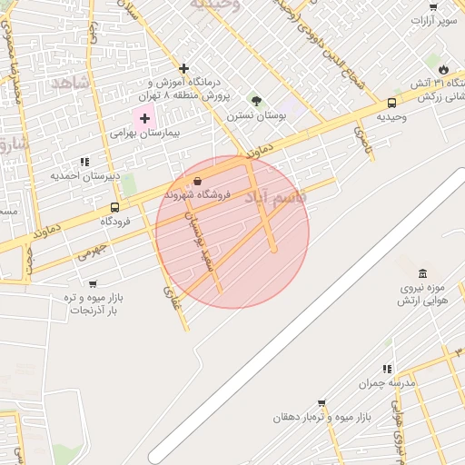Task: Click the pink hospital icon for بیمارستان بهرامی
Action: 144,118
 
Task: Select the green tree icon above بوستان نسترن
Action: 256,101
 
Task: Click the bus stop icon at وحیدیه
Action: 391,103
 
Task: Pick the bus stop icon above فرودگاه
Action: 114,207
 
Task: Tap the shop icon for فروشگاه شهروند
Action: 198,181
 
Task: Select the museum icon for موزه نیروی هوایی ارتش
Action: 422,273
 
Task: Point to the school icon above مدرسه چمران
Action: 387,369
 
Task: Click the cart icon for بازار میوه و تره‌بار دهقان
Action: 322,403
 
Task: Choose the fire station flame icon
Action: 442,69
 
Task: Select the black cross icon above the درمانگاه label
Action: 183,68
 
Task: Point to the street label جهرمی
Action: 92,252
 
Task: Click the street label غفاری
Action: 172,297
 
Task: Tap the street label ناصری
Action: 363,139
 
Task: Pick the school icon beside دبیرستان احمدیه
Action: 84,162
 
